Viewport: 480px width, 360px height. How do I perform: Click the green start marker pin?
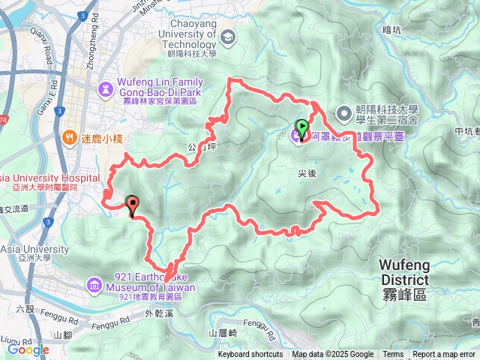point(302,129)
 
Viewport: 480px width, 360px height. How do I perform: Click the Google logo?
point(28,349)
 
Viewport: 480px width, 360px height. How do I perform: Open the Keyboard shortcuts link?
point(250,355)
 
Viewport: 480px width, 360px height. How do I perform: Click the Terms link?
point(393,355)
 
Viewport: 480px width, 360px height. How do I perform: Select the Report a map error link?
point(444,355)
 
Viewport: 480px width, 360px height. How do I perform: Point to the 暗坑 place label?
point(392,30)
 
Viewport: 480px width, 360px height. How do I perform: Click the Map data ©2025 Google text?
point(332,355)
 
